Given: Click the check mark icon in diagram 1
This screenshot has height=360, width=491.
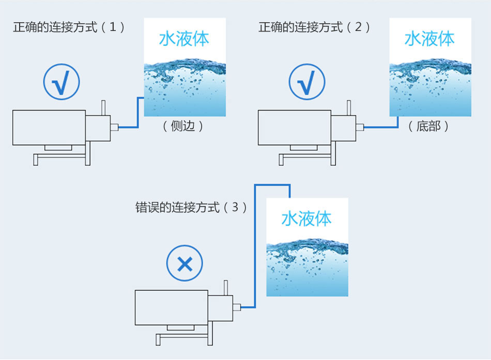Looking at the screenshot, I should [x=62, y=83].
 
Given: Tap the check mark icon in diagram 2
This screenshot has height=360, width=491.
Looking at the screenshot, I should [x=307, y=83].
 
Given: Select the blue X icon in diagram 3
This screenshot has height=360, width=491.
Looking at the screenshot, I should [x=185, y=264].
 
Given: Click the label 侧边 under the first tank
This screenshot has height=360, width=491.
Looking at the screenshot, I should [x=183, y=126].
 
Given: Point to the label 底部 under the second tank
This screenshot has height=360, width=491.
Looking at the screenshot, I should [x=428, y=126].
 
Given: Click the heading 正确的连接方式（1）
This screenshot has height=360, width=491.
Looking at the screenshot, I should [x=69, y=27].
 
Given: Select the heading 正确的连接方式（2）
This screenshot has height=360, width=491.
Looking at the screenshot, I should [x=315, y=27].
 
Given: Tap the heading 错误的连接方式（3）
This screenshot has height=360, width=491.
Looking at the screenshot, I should [x=191, y=208].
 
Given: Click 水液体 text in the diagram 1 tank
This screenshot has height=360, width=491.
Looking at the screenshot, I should [x=184, y=39].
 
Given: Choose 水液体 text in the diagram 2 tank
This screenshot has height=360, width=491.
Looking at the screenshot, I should [x=429, y=39].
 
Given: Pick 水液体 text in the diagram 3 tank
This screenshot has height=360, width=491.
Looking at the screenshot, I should [x=306, y=218].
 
